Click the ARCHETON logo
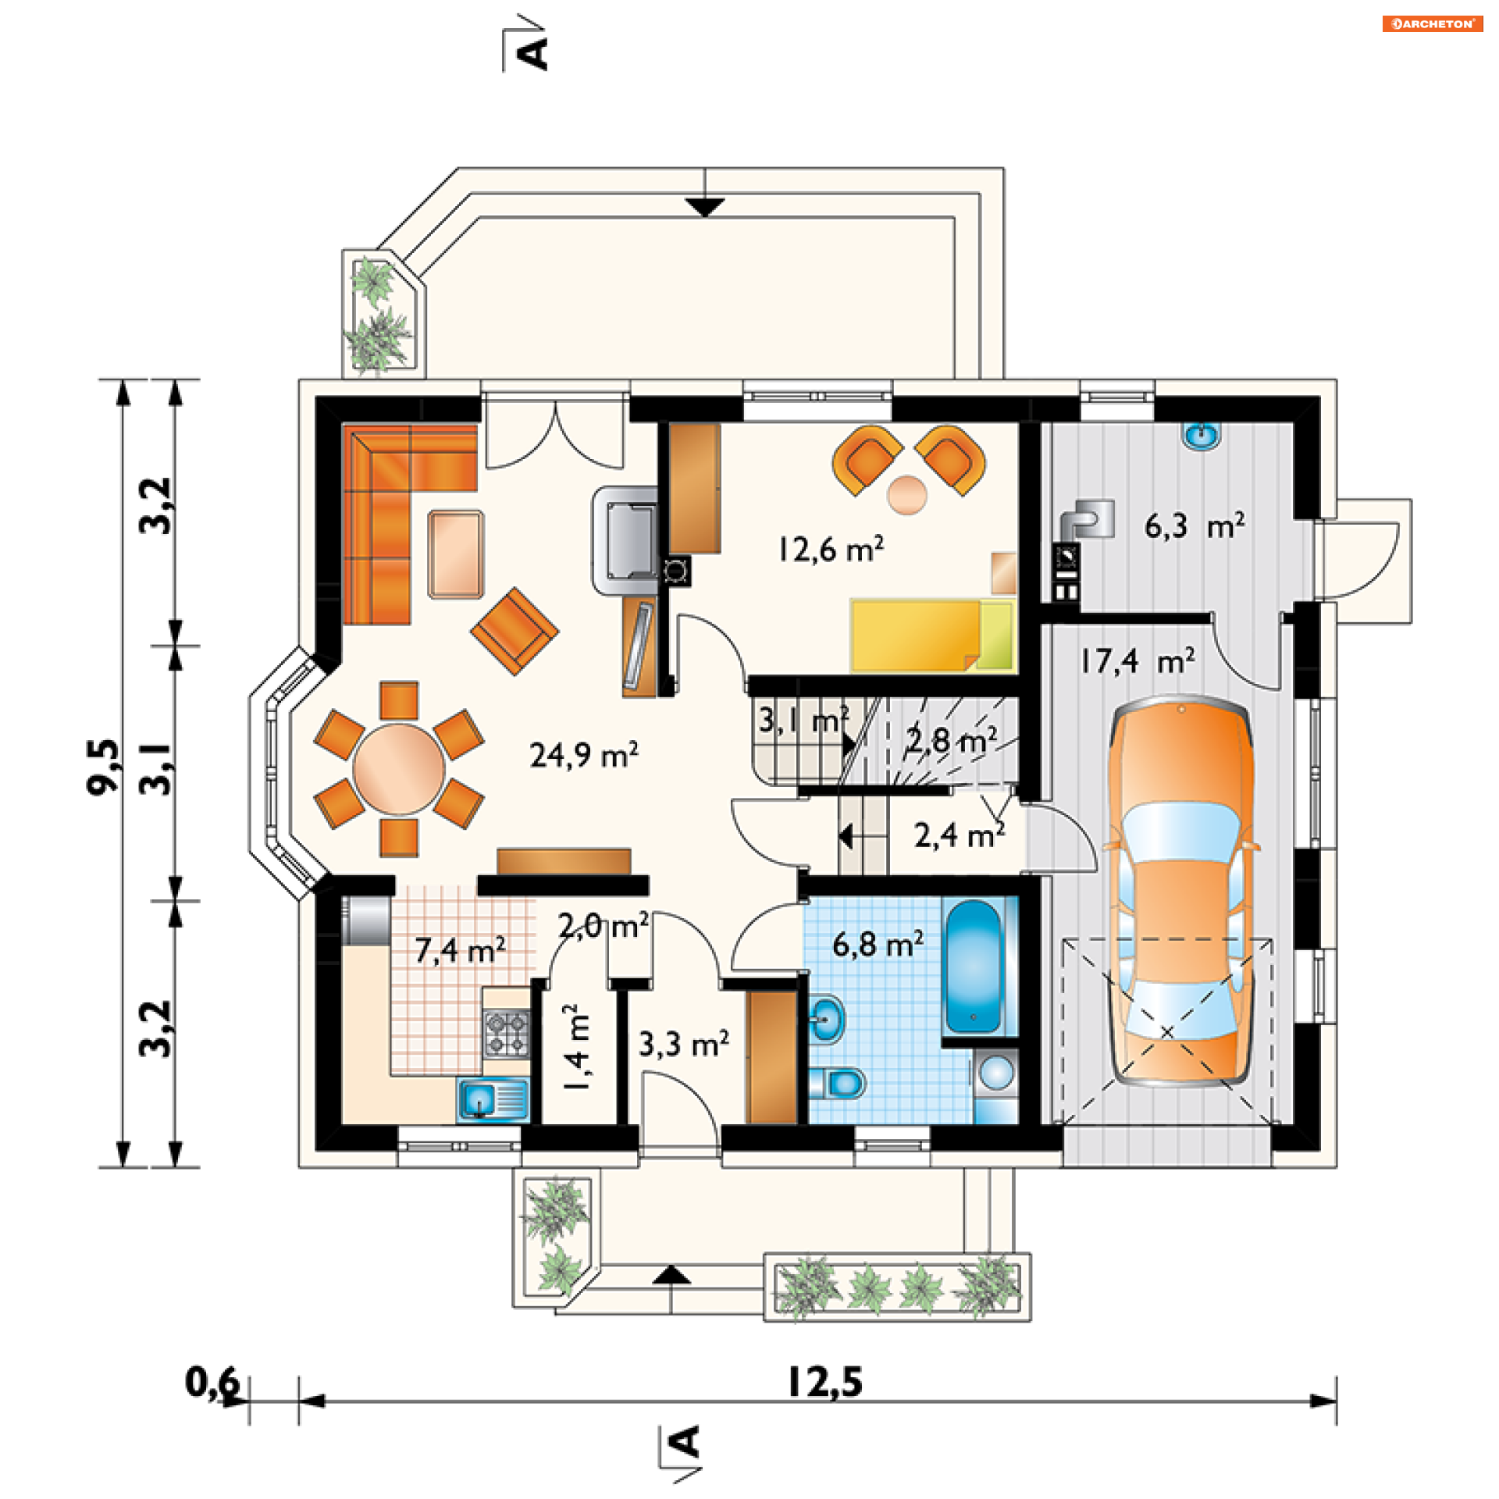tap(1432, 24)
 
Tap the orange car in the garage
tap(1180, 894)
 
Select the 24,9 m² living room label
tap(584, 755)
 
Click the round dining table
tap(399, 769)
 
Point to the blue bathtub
tap(973, 967)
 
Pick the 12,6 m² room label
tap(831, 550)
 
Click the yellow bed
tap(932, 636)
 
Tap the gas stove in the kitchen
tap(507, 1033)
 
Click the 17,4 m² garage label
tap(1138, 661)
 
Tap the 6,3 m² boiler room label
tap(1195, 526)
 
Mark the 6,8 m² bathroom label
tap(878, 944)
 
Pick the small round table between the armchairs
tap(907, 495)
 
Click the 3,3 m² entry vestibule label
tap(684, 1044)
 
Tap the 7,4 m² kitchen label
tap(460, 949)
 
